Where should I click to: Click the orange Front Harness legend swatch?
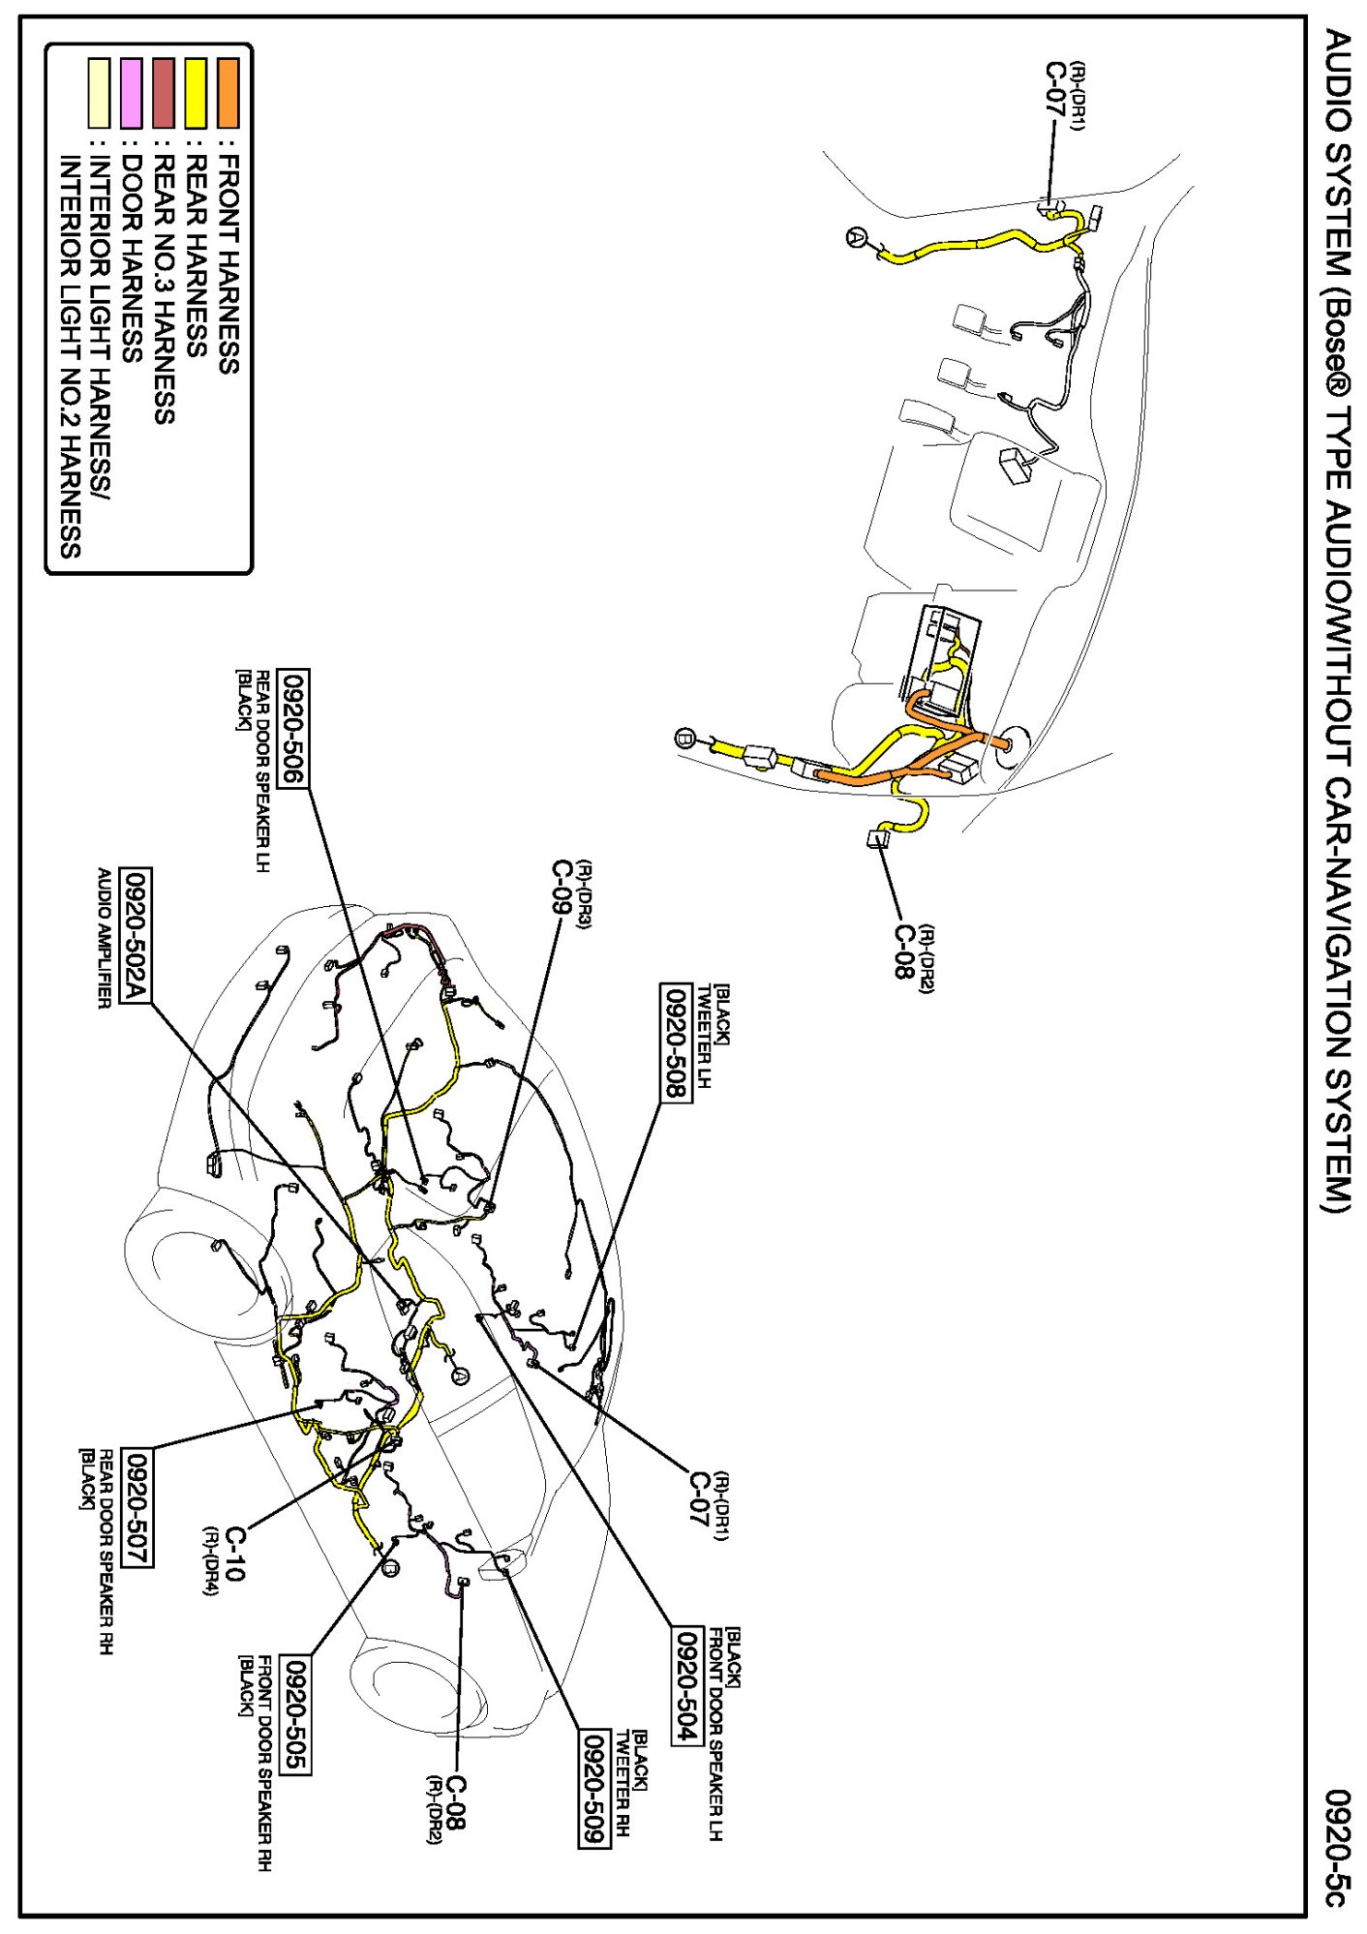tap(228, 93)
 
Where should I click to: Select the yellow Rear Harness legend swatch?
tap(197, 93)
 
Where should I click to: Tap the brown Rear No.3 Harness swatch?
tap(164, 93)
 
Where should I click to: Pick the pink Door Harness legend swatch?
tap(132, 93)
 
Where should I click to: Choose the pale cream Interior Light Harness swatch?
tap(100, 93)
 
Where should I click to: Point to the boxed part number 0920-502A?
tap(136, 936)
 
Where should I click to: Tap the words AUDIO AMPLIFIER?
tap(104, 939)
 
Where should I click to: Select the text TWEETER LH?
tap(705, 1037)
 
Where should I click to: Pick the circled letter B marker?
tap(684, 739)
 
